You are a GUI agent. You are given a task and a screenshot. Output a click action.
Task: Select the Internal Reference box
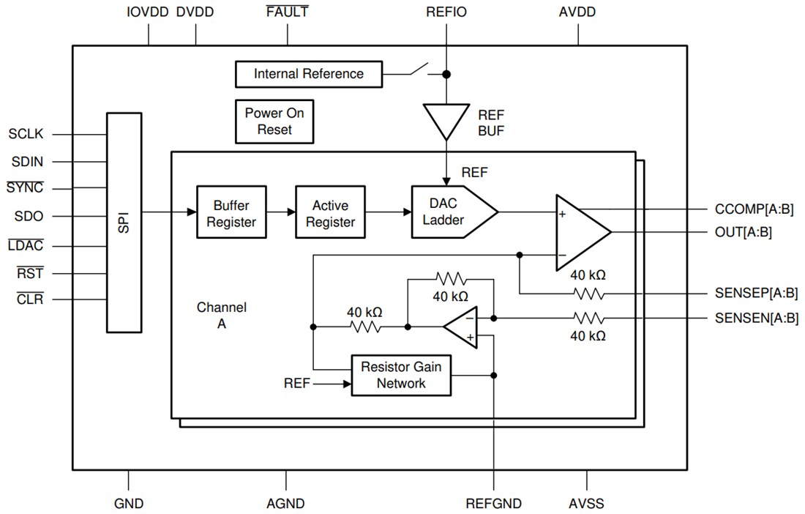pos(308,74)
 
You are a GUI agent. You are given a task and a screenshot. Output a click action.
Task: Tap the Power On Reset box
pos(274,122)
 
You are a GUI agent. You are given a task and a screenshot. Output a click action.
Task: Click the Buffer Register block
pos(231,213)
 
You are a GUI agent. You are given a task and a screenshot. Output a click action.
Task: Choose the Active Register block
pos(329,213)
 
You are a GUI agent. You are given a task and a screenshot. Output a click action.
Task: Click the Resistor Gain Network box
pos(401,376)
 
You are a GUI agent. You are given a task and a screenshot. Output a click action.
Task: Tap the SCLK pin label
pos(26,134)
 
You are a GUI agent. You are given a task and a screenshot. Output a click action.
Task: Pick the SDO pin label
pos(29,217)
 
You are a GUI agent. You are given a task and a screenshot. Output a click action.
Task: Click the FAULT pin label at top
pos(288,12)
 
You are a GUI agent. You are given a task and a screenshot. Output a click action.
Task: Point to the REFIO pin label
pos(446,12)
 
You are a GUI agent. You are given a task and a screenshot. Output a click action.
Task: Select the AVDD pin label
pos(577,12)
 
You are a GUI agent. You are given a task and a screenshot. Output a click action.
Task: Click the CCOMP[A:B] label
pos(754,209)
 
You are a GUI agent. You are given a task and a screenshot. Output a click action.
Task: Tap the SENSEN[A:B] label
pos(756,319)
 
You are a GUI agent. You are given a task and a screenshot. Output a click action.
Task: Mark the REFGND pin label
pos(494,504)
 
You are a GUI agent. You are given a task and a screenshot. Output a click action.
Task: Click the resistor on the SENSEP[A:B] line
pos(588,294)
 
